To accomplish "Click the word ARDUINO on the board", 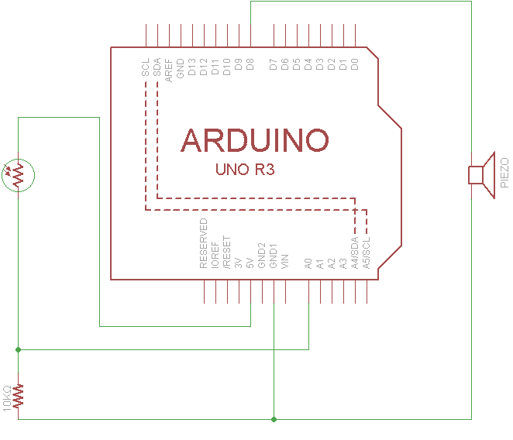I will coord(255,140).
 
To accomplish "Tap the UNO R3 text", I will coord(246,170).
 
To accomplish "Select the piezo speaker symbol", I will coord(481,175).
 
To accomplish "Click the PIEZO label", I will coord(504,174).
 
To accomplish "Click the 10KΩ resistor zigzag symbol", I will coord(18,396).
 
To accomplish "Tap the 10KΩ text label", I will coord(7,398).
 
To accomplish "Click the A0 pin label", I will coord(309,263).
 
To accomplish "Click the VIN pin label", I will coord(286,261).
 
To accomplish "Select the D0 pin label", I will coord(355,65).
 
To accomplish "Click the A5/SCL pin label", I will coord(367,253).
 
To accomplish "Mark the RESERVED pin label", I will coord(204,243).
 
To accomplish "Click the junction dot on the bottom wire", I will coord(274,419).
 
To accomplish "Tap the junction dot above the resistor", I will coord(18,349).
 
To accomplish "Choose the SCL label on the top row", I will coord(146,67).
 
